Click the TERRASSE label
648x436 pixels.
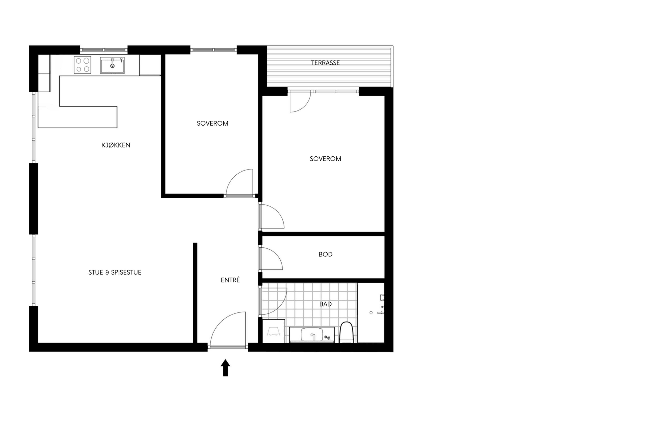pyautogui.click(x=325, y=63)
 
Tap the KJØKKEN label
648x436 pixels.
pyautogui.click(x=116, y=145)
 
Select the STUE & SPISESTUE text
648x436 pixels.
pyautogui.click(x=115, y=272)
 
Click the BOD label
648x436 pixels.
pyautogui.click(x=325, y=254)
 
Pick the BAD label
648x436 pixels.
pyautogui.click(x=325, y=304)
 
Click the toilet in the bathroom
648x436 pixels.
pyautogui.click(x=346, y=332)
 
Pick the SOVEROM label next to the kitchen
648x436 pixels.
pyautogui.click(x=212, y=123)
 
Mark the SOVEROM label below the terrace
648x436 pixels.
pyautogui.click(x=325, y=158)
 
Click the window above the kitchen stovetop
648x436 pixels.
pyautogui.click(x=104, y=50)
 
